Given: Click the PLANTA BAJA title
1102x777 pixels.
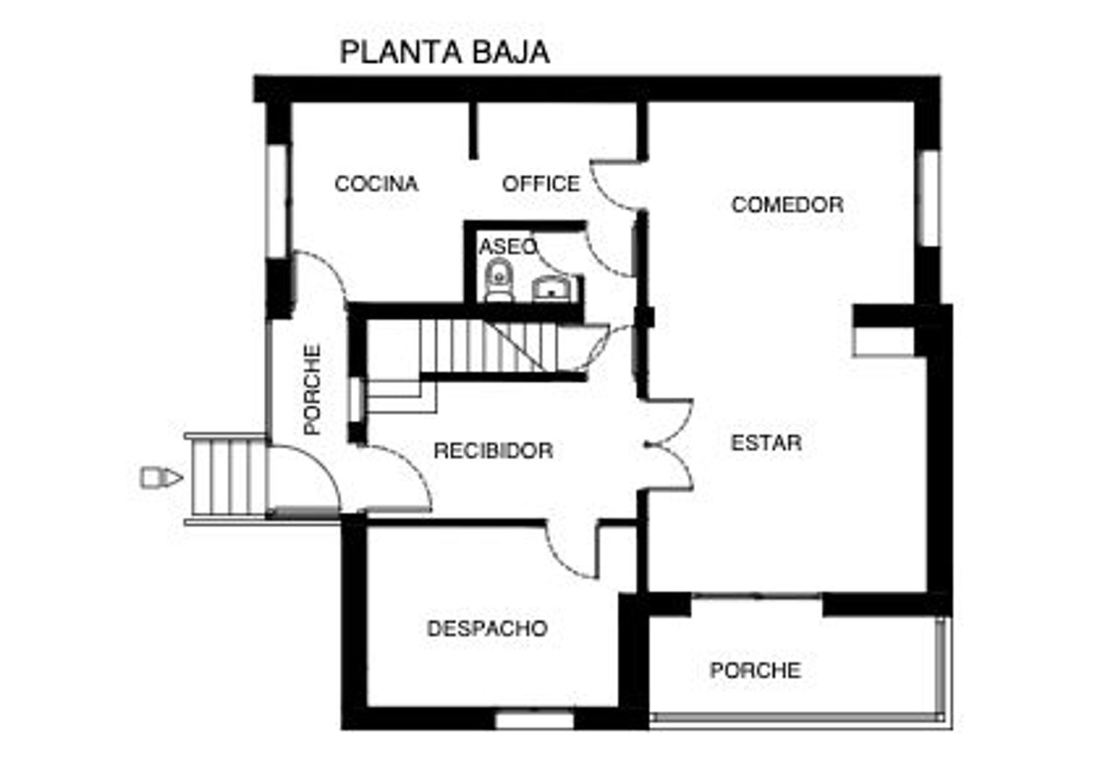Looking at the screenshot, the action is tap(444, 52).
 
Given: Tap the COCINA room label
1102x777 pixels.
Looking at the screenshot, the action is tap(376, 184).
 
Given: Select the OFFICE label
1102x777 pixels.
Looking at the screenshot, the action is tap(541, 184).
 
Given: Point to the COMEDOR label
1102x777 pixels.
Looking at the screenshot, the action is tap(787, 205).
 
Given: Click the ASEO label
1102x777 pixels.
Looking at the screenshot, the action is tap(508, 246).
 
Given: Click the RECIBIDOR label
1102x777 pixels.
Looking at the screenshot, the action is tap(494, 450).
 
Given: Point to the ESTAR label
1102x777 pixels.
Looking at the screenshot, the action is tap(766, 443).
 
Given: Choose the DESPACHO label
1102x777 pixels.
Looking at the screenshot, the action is tap(487, 628).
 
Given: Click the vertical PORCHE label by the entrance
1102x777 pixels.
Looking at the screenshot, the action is tap(312, 389).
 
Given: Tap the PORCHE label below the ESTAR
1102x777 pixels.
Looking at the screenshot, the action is tap(756, 671).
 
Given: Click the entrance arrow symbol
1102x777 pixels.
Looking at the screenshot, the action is tap(162, 477).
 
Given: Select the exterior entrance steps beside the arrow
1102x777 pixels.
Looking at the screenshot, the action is tap(226, 478).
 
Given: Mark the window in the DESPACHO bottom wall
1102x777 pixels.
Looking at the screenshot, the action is tap(534, 721).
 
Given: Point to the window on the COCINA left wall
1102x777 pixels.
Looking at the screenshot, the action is tap(277, 200).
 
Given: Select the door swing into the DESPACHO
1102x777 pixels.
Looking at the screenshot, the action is tap(572, 550).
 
